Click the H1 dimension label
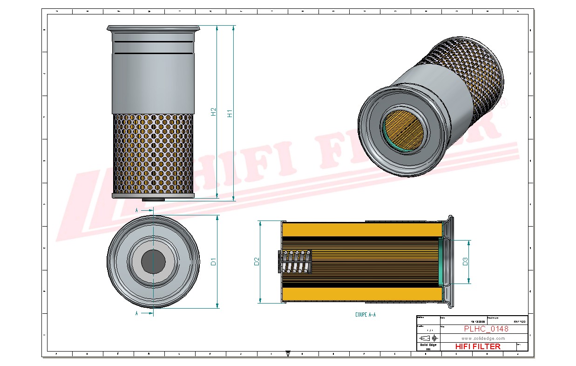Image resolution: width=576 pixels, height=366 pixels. coord(230,113)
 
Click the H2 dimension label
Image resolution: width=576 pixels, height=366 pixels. coord(214,112)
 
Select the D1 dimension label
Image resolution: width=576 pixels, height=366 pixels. coord(214,262)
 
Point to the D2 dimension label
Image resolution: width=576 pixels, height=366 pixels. coord(257,262)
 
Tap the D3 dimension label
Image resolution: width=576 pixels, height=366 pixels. coord(465,262)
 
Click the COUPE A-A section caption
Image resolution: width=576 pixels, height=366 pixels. coord(365,315)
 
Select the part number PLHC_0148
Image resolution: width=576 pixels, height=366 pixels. coord(486,329)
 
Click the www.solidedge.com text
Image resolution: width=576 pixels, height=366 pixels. coord(483,338)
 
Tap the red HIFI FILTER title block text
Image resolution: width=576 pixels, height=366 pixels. coord(477,346)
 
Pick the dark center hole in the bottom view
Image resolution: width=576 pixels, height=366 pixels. coord(153,262)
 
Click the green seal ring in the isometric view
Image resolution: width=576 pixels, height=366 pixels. coord(385,133)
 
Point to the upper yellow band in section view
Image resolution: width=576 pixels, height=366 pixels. coord(362,229)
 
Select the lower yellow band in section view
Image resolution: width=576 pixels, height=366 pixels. coord(362,294)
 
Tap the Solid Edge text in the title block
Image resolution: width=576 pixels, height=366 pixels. coord(428,345)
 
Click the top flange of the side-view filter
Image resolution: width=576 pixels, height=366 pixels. coord(153,28)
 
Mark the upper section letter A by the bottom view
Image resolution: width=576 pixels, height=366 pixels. coord(136,211)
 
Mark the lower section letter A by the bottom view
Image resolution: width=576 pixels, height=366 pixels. coord(136,313)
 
